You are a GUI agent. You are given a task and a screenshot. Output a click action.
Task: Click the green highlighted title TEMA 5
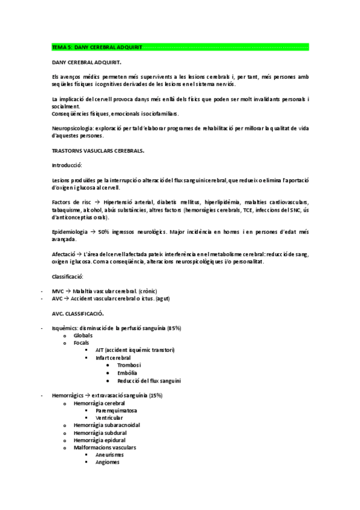click(97, 46)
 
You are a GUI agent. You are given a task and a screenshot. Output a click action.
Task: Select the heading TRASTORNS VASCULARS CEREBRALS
click(98, 152)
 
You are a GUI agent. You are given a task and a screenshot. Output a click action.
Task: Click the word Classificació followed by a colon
click(68, 276)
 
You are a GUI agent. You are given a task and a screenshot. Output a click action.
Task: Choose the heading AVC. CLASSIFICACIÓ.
click(78, 313)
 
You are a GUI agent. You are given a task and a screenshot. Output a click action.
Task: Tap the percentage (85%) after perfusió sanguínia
click(172, 328)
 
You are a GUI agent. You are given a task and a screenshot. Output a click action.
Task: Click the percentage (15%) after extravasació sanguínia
click(153, 396)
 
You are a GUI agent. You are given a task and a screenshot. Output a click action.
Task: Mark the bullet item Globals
click(84, 335)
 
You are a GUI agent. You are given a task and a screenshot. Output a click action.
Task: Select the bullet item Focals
click(82, 343)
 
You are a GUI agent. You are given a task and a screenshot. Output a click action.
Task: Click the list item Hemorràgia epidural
click(98, 440)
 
